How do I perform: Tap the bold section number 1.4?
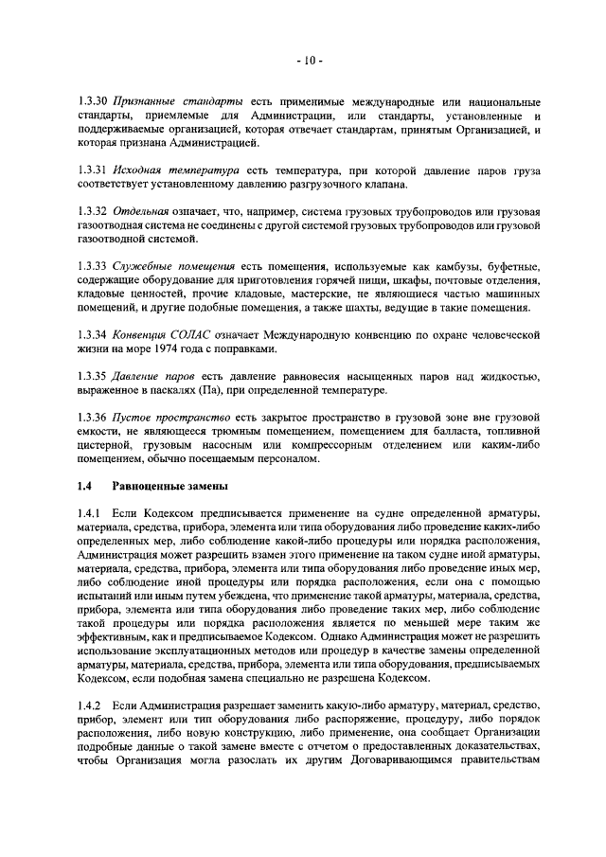[84, 487]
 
